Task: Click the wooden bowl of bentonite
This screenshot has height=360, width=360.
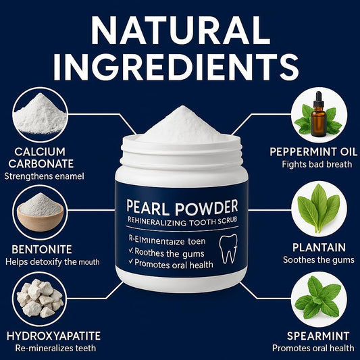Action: pos(41,216)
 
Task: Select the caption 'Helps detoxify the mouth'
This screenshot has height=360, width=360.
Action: pos(51,261)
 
